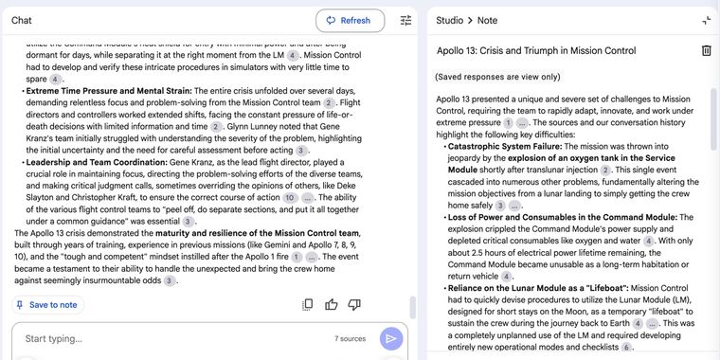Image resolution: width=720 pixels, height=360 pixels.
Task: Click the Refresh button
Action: (x=350, y=20)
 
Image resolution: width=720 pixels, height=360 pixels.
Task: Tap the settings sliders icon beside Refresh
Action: (x=405, y=20)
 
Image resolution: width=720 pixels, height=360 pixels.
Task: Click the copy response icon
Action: (x=307, y=305)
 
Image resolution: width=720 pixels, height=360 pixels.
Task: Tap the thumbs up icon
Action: (x=332, y=305)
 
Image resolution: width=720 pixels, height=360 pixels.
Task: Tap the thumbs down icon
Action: (x=355, y=305)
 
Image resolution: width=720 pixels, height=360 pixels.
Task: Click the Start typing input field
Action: (x=171, y=338)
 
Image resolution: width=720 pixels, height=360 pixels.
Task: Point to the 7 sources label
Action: (x=350, y=338)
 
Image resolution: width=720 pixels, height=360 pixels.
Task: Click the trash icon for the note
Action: (x=706, y=50)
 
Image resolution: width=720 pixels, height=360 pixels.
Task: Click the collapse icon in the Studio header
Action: (x=706, y=20)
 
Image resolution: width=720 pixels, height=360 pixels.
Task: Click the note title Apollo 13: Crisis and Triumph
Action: (x=535, y=50)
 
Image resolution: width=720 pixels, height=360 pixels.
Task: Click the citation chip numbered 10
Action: (x=290, y=198)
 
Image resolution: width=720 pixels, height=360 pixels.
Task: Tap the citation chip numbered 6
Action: (x=626, y=348)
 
